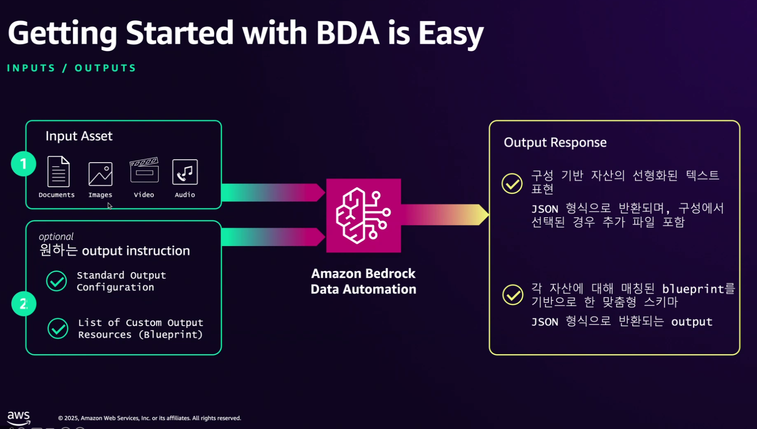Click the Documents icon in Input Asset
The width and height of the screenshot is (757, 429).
click(x=58, y=171)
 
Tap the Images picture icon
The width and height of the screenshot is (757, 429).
click(x=100, y=174)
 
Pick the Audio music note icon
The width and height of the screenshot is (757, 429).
click(x=185, y=172)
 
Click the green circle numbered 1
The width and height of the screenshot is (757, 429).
click(x=23, y=163)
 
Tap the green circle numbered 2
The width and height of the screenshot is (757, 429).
click(x=24, y=304)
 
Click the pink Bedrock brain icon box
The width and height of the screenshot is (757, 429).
click(x=363, y=215)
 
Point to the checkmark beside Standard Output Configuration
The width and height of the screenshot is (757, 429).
click(x=56, y=281)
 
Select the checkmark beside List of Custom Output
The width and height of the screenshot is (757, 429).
click(x=58, y=328)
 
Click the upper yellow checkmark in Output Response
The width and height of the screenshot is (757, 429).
click(x=512, y=183)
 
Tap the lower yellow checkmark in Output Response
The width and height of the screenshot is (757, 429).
click(x=512, y=295)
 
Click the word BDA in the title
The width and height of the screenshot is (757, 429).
click(x=347, y=33)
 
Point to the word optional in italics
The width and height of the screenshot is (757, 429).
click(x=56, y=237)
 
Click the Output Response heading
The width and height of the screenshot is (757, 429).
click(x=555, y=143)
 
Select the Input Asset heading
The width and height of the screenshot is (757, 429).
click(x=79, y=136)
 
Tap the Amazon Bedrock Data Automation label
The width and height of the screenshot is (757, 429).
click(x=363, y=281)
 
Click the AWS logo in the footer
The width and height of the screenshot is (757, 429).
click(x=19, y=417)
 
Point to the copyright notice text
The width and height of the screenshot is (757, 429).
click(x=149, y=418)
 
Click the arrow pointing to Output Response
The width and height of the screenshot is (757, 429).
click(x=445, y=215)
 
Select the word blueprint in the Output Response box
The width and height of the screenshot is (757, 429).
click(x=693, y=289)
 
